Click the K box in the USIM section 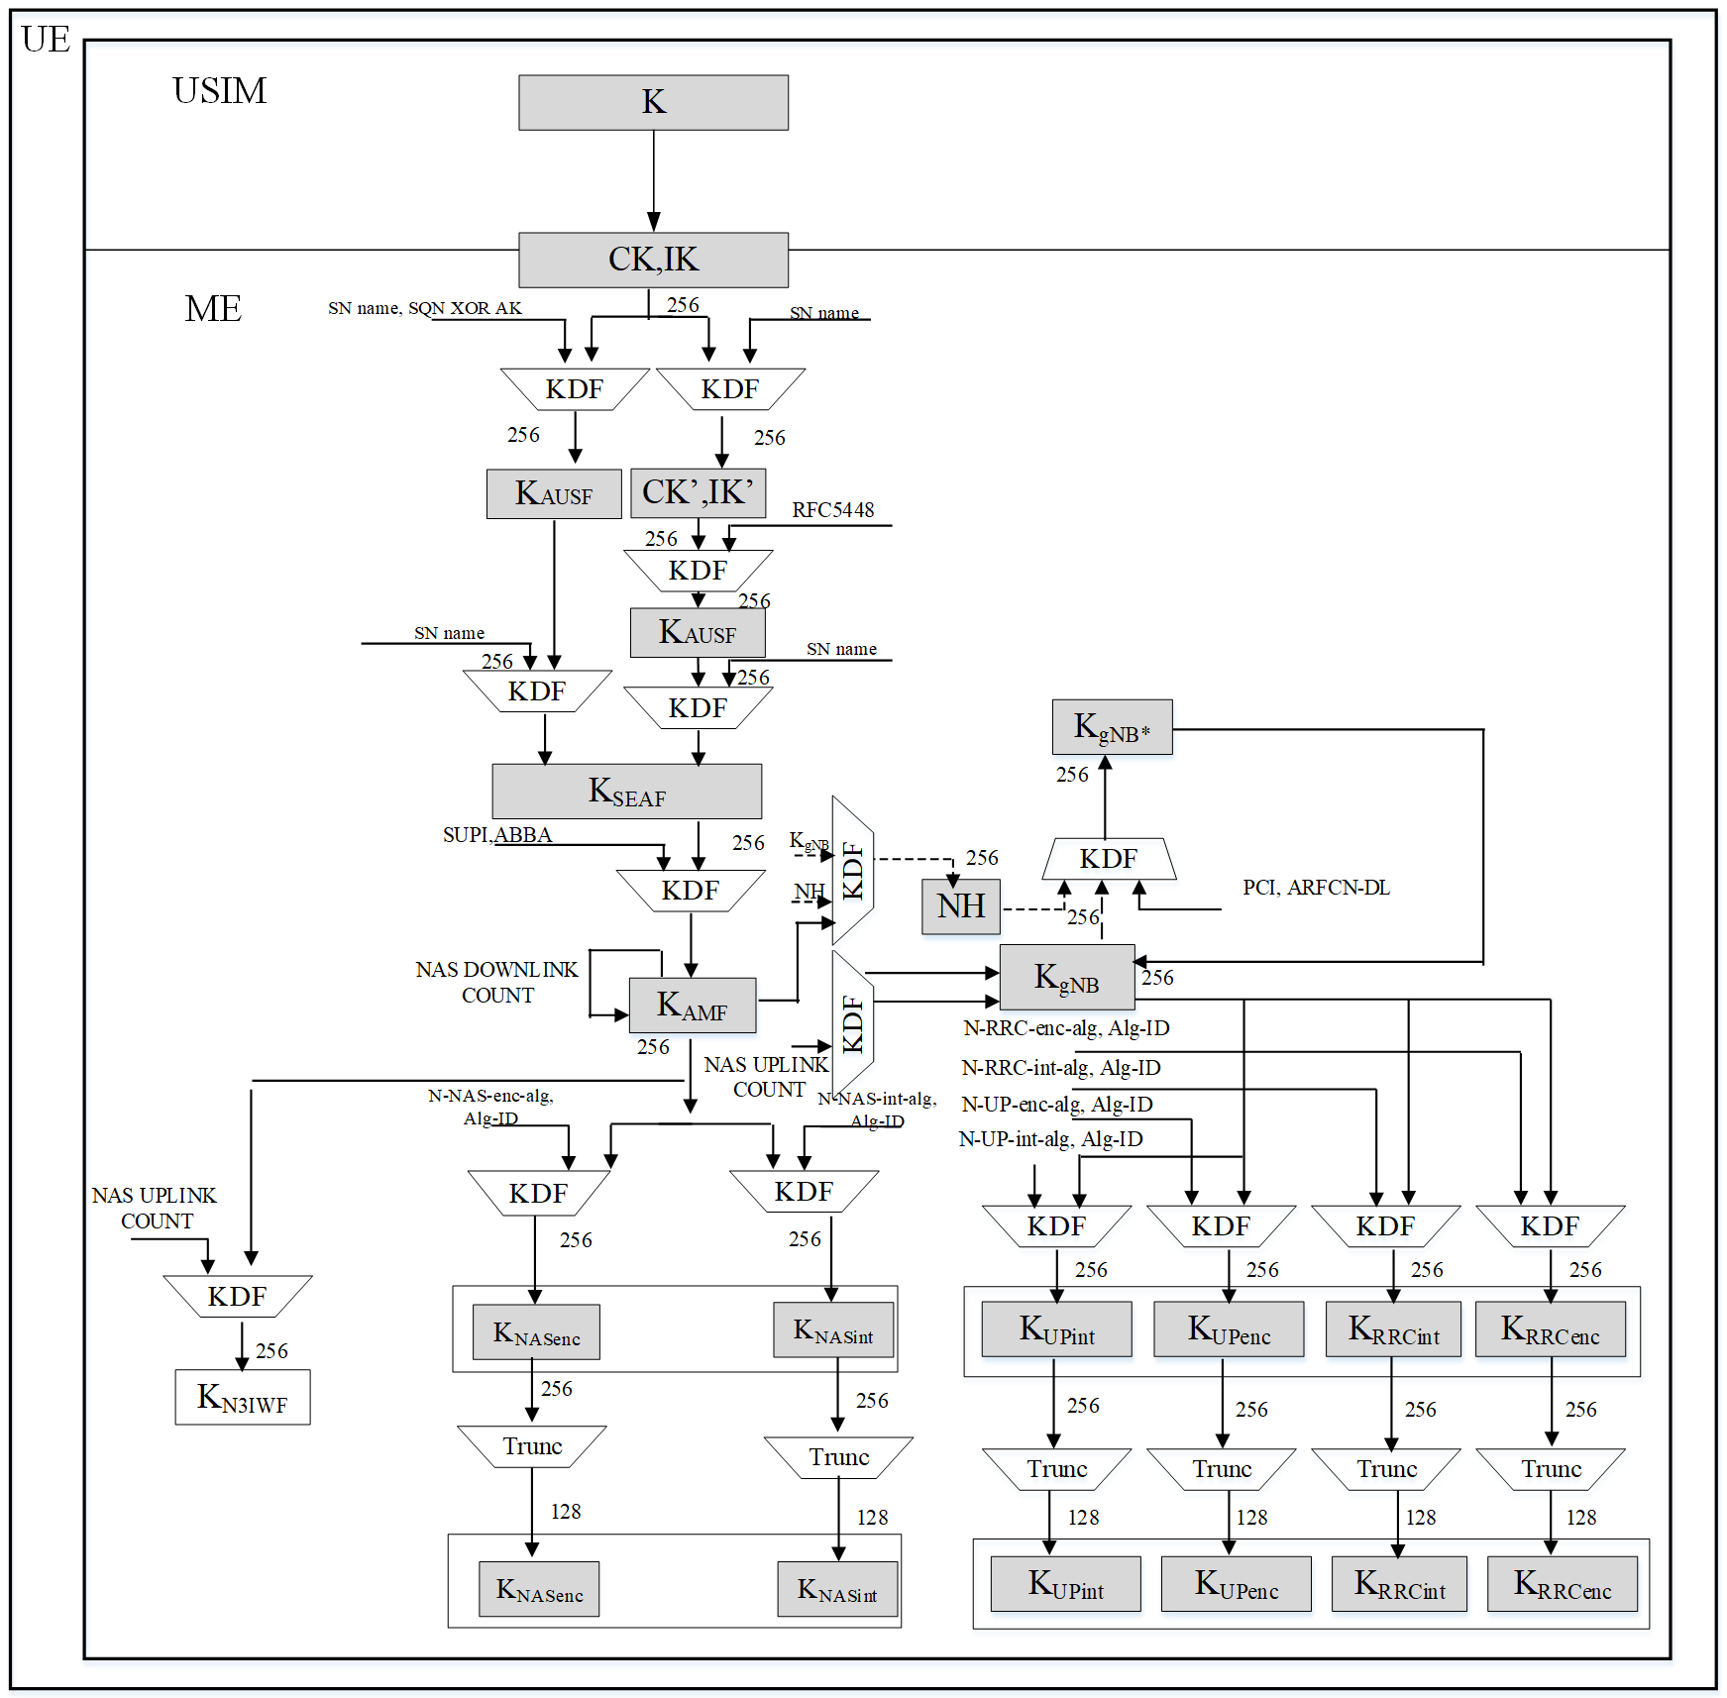(653, 102)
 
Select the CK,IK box (653, 260)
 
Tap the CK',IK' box (698, 492)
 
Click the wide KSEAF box (626, 791)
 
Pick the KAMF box (692, 1006)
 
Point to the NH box (960, 905)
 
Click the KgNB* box (1112, 727)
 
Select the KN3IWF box (242, 1397)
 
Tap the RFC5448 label (832, 510)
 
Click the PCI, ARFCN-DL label (1316, 888)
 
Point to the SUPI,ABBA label (496, 835)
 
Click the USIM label (219, 91)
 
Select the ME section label (213, 309)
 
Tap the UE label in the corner (46, 40)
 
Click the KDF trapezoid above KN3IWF (237, 1296)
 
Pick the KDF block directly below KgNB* (1108, 859)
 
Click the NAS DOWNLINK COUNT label (496, 982)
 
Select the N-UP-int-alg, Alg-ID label (1050, 1139)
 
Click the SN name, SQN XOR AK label (424, 308)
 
